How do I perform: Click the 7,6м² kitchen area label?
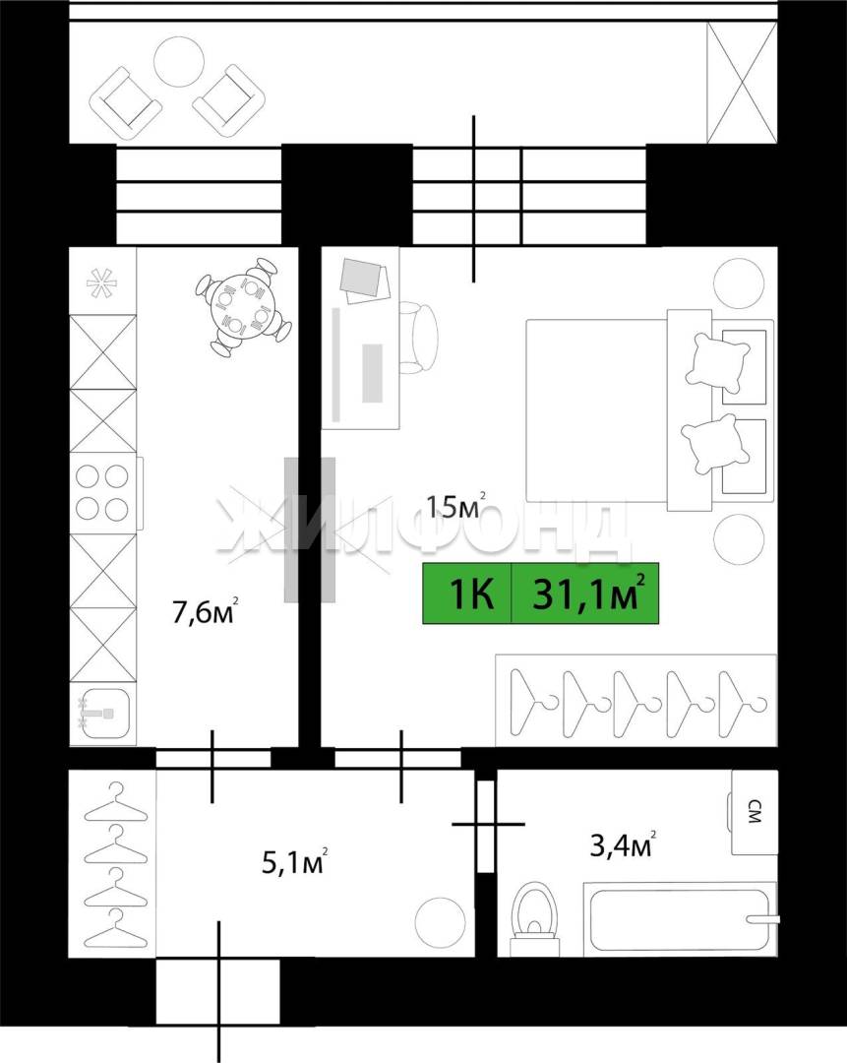click(206, 611)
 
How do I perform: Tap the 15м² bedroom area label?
click(455, 505)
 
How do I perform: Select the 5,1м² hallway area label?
click(295, 861)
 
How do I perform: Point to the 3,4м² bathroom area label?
click(623, 844)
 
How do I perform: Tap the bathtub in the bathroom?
click(681, 919)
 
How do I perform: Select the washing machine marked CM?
click(752, 812)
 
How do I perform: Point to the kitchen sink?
click(102, 715)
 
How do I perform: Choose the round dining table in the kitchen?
click(242, 306)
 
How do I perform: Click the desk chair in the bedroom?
click(419, 338)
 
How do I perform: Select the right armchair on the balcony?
click(229, 101)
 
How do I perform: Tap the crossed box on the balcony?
click(742, 82)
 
